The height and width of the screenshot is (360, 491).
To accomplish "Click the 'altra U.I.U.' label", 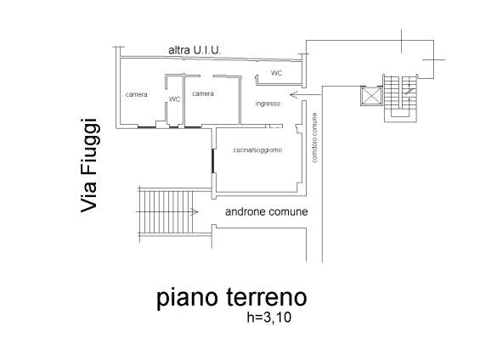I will tap(195, 51).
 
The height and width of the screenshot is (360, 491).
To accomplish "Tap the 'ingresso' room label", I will tap(268, 104).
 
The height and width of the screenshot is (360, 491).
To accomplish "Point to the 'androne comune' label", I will tap(266, 211).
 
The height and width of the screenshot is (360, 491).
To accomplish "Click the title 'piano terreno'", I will tap(230, 298).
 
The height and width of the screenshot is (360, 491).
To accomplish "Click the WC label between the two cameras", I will tap(175, 99).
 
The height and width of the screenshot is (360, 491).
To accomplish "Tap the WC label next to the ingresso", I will tap(276, 74).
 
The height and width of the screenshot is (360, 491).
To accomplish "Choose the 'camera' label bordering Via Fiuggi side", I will tap(137, 93).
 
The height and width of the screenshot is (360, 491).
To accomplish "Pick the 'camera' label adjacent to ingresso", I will tap(202, 93).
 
